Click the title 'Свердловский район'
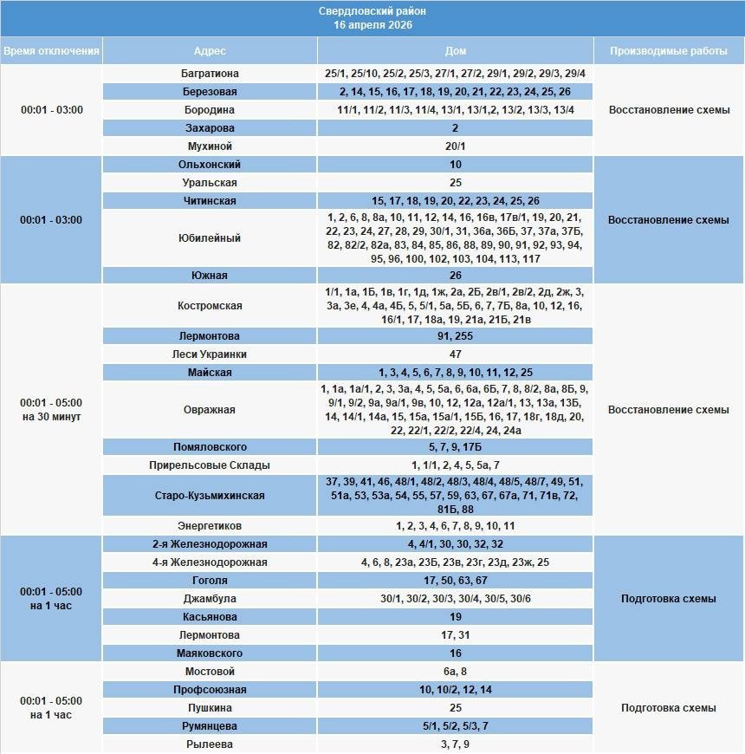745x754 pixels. coord(372,11)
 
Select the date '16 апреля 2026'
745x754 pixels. coord(372,25)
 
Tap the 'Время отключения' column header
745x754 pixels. coord(51,51)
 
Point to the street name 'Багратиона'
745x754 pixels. coord(209,74)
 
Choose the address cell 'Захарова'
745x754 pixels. coord(209,128)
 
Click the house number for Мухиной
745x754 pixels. coord(455,146)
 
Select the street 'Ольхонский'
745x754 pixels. coord(209,165)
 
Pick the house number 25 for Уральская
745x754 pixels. coord(455,183)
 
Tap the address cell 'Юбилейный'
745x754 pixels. coord(209,237)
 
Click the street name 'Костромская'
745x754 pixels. coord(209,306)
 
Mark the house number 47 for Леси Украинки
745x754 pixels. coord(455,354)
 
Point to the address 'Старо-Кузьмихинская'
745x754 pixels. coord(209,496)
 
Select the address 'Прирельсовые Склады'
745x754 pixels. coord(209,465)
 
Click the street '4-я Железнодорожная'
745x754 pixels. coord(209,562)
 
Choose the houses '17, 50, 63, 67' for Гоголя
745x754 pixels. coord(455,581)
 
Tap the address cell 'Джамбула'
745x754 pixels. coord(209,599)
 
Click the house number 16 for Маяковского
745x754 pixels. coord(455,653)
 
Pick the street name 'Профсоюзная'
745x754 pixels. coord(209,690)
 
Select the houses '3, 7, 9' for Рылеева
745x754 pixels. coord(455,744)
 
